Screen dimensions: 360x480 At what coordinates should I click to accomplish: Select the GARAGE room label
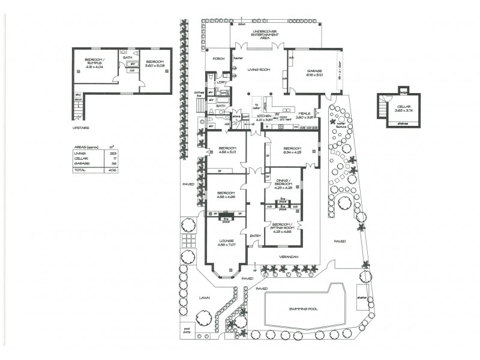[314, 72]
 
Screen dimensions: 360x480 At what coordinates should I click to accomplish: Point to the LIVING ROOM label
[260, 70]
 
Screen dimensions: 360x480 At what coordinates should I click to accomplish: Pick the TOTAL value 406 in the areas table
[112, 170]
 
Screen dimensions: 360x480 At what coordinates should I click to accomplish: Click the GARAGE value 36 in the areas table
[113, 164]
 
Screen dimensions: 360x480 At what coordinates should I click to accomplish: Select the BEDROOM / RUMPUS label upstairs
[95, 62]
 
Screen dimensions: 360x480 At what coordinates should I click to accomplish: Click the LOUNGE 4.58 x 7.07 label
[227, 242]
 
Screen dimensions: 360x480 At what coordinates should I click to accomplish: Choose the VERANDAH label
[287, 256]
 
